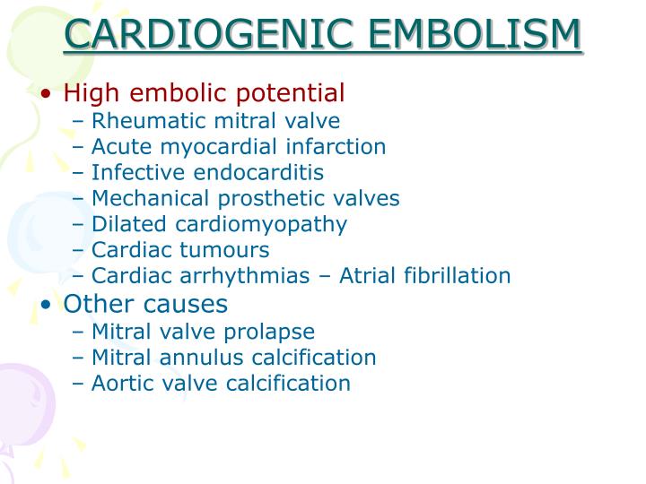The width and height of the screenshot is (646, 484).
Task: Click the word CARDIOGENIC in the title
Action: click(x=208, y=33)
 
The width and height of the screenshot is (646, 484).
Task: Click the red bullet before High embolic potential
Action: click(x=46, y=93)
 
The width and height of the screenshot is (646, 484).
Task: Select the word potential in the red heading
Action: click(x=290, y=93)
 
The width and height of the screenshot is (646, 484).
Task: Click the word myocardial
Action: click(x=218, y=147)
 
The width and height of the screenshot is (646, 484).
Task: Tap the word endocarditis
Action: click(x=258, y=172)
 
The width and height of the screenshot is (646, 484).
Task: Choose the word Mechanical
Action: click(x=150, y=198)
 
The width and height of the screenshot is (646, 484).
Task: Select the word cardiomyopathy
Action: click(x=261, y=225)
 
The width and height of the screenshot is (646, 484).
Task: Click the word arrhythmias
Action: click(x=245, y=276)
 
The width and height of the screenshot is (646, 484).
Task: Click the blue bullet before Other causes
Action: click(x=46, y=305)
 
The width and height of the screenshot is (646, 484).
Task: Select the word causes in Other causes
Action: click(x=186, y=305)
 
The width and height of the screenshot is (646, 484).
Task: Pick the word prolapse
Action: click(x=269, y=333)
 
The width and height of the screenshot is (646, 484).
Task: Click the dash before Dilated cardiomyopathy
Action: click(x=77, y=225)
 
